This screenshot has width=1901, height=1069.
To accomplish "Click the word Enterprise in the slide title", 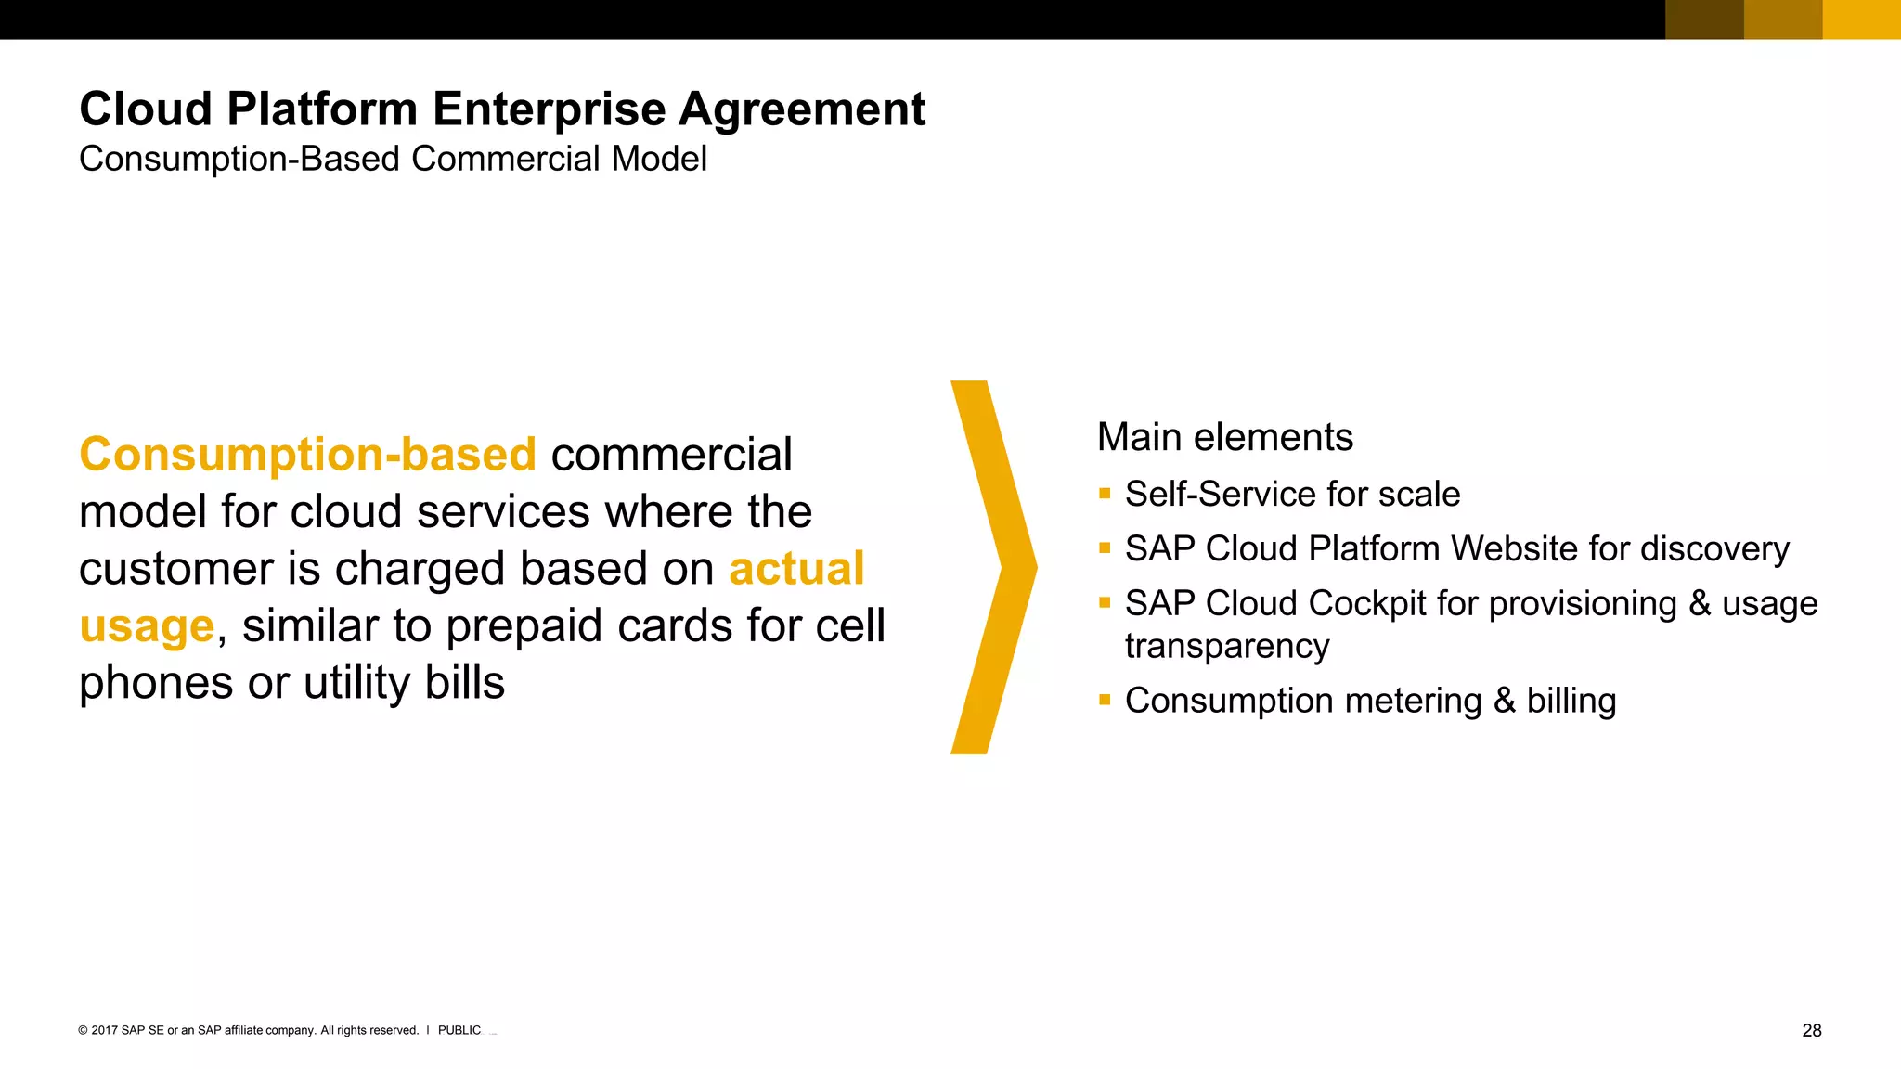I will click(549, 110).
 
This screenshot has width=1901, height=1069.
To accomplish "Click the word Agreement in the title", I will click(802, 110).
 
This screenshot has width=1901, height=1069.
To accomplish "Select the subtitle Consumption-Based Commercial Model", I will click(393, 160).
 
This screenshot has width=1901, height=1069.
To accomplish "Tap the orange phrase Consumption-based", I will click(307, 456).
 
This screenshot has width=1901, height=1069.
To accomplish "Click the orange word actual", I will click(796, 569).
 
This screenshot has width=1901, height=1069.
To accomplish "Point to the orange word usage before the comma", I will click(147, 627).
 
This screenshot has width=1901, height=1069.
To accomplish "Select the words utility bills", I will click(404, 684).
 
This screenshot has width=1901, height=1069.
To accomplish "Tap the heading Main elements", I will click(1224, 438).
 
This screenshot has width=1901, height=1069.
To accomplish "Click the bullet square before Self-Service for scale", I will click(1105, 494).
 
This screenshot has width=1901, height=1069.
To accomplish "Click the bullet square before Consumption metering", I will click(1105, 701).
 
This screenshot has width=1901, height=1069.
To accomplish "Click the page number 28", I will click(1811, 1031).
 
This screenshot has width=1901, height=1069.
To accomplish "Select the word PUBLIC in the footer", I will click(459, 1031).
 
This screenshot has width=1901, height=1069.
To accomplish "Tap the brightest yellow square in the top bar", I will click(1861, 19).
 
